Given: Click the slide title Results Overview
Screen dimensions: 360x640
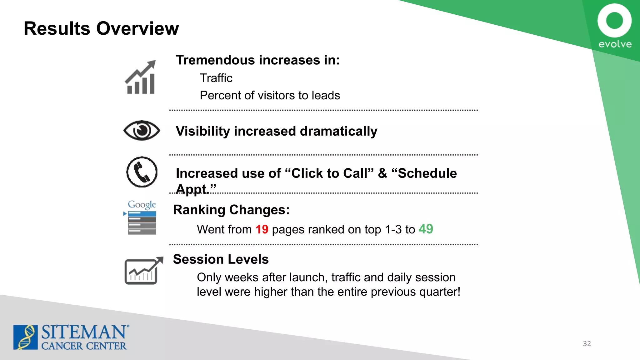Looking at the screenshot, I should pyautogui.click(x=101, y=28).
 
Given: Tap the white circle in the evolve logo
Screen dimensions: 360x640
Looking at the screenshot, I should pyautogui.click(x=614, y=21).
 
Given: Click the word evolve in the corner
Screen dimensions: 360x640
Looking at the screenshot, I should pyautogui.click(x=615, y=44).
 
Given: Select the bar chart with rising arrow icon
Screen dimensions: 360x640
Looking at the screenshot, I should pyautogui.click(x=141, y=77).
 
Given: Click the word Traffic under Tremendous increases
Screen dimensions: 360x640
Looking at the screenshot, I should pyautogui.click(x=216, y=78).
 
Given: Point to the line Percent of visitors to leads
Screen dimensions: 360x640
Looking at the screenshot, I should pyautogui.click(x=270, y=95).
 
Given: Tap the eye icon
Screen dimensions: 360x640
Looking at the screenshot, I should pyautogui.click(x=142, y=130).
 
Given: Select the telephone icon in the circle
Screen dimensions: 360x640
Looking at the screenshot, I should pyautogui.click(x=142, y=172).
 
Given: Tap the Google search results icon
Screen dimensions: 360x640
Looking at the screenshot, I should pyautogui.click(x=142, y=218).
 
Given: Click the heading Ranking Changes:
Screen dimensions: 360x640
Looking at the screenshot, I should pyautogui.click(x=231, y=210).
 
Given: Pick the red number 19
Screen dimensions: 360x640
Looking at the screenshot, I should pyautogui.click(x=262, y=229).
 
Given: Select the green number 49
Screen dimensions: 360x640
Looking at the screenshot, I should pyautogui.click(x=426, y=229).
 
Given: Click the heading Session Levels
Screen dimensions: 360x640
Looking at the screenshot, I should pyautogui.click(x=221, y=259).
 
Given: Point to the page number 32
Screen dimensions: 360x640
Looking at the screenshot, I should pyautogui.click(x=587, y=343).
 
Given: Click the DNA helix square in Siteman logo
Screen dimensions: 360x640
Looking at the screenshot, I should pyautogui.click(x=25, y=337).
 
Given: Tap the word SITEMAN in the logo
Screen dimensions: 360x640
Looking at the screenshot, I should pyautogui.click(x=84, y=332).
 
